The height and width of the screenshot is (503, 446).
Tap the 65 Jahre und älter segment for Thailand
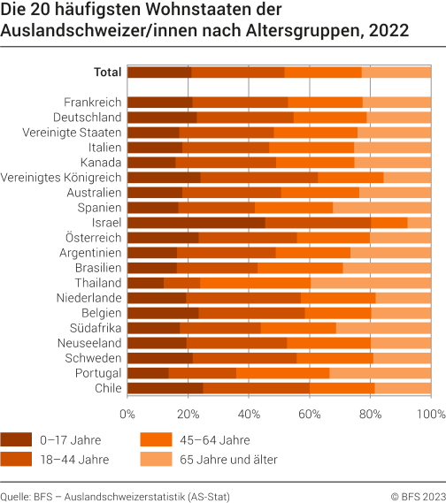pyautogui.click(x=370, y=283)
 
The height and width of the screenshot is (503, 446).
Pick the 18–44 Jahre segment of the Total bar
pyautogui.click(x=238, y=72)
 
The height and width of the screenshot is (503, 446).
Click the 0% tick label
pyautogui.click(x=128, y=413)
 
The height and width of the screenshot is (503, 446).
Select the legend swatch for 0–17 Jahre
pyautogui.click(x=18, y=439)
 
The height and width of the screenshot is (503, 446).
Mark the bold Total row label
pyautogui.click(x=107, y=72)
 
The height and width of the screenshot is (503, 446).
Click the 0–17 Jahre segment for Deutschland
pyautogui.click(x=163, y=118)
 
